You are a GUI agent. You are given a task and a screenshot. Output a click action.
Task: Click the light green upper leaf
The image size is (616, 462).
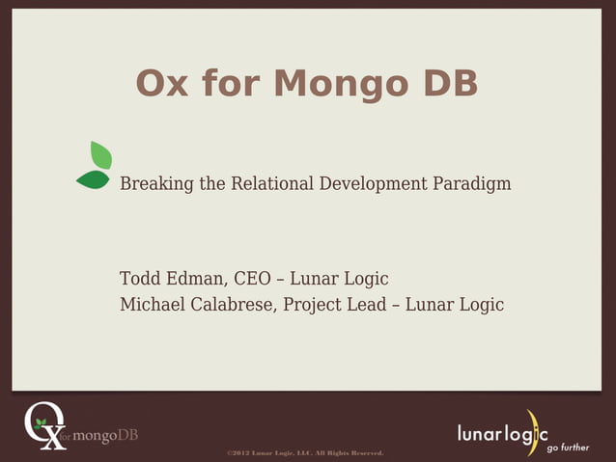[x=100, y=154]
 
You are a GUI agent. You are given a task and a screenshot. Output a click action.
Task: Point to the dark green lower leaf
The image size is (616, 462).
[x=93, y=179]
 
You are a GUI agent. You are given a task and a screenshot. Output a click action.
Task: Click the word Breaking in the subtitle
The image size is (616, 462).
[x=156, y=183]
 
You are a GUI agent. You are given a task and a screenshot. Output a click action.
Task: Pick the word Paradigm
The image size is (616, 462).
[x=473, y=183]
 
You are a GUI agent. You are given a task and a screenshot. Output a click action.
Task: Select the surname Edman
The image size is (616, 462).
[x=201, y=279]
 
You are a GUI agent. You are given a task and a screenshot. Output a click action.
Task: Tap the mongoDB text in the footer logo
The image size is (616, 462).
[x=105, y=435]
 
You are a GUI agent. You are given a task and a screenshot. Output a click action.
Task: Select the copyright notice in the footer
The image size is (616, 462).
[x=305, y=451]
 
